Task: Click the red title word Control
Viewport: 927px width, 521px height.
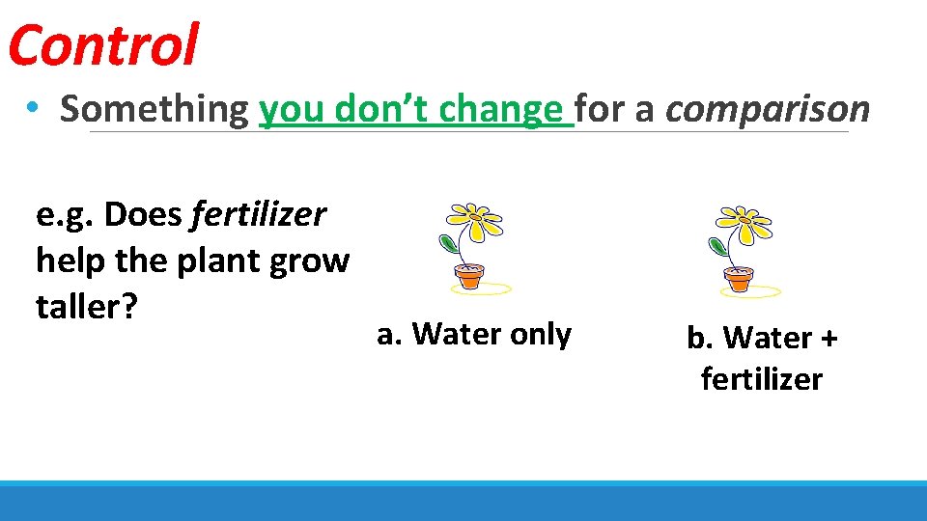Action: point(102,45)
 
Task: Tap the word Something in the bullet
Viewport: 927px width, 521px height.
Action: point(154,109)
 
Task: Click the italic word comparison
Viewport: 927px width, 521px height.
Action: point(768,109)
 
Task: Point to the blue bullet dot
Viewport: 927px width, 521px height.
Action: point(34,110)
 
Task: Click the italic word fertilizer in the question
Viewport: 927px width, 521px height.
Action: point(259,214)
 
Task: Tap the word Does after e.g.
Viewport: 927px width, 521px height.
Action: point(144,214)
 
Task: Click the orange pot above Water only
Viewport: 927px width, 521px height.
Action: point(469,278)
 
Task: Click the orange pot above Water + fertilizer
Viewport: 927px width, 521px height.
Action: point(739,280)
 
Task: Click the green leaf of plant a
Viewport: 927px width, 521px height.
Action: point(448,242)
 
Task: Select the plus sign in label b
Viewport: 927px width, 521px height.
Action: point(829,339)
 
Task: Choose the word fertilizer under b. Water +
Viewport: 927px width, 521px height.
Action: point(762,379)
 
